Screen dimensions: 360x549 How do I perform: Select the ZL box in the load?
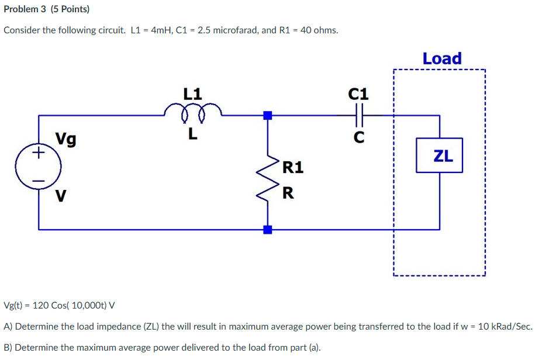pos(439,155)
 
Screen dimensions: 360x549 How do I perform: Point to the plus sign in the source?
pos(39,154)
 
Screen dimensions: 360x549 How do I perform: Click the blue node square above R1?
pos(268,115)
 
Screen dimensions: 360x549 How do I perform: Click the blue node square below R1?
pos(268,229)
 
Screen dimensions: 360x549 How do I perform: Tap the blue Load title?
pos(441,58)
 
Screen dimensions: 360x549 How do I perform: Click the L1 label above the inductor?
pos(192,93)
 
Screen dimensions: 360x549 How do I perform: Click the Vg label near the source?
pos(65,139)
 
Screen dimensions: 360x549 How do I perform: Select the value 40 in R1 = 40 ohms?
pos(306,30)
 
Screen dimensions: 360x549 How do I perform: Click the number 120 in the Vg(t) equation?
pos(42,305)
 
